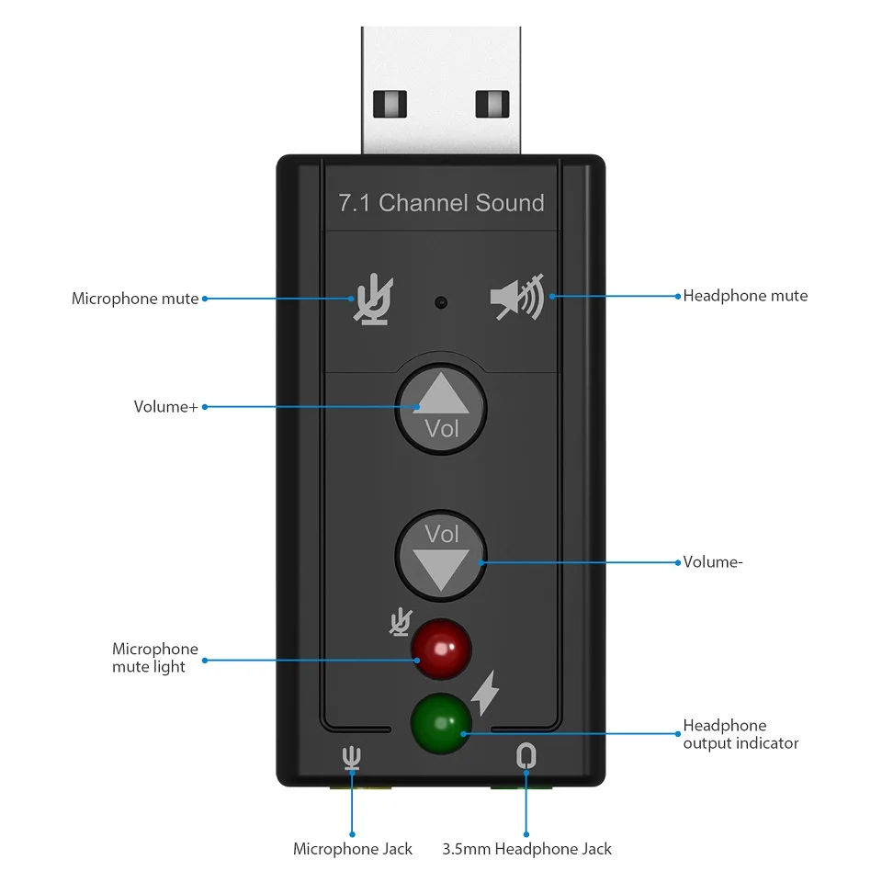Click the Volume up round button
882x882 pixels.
pos(441,408)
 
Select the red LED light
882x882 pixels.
pos(441,649)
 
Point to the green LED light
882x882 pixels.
pos(441,723)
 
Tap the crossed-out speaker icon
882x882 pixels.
pos(517,297)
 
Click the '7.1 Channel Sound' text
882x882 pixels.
pos(441,203)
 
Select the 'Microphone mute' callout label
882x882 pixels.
pos(135,299)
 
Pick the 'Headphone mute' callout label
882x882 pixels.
pos(745,296)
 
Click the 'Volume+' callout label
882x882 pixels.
pos(165,406)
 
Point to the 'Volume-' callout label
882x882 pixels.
pos(712,562)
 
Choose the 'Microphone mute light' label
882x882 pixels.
pos(155,658)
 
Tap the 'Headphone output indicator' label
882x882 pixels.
pos(741,734)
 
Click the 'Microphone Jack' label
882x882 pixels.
pos(353,849)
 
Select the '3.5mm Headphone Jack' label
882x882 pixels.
pos(526,849)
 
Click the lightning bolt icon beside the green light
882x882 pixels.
pos(485,694)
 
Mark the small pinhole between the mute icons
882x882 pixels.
pos(442,300)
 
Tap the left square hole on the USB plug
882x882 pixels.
pos(390,103)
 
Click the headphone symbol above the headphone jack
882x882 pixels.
pos(526,756)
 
